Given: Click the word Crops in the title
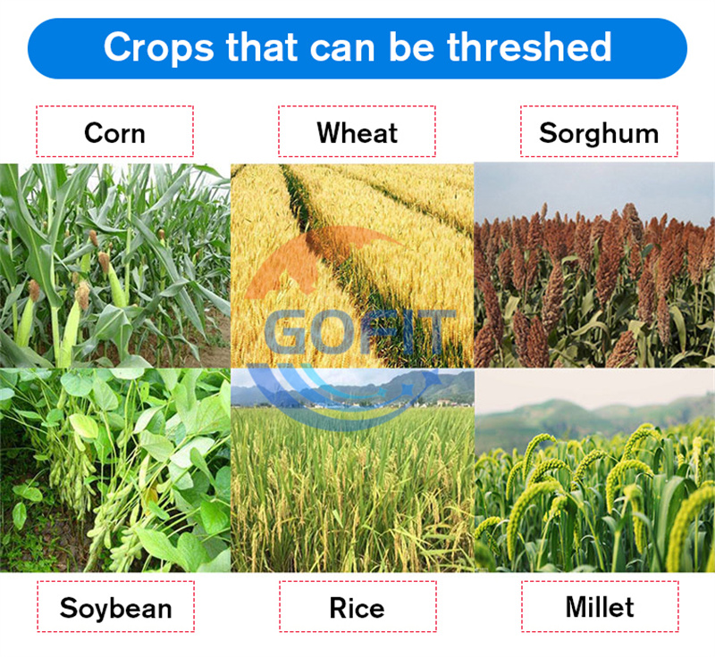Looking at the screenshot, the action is click(x=158, y=47).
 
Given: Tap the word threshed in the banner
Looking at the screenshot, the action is click(x=529, y=46).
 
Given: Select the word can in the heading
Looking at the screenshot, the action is click(x=342, y=49).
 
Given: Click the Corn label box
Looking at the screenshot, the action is click(x=115, y=131).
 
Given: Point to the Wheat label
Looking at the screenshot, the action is click(x=357, y=131).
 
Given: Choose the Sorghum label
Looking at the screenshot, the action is click(x=599, y=131).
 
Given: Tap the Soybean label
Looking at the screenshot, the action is click(x=116, y=606).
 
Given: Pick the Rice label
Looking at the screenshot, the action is click(x=357, y=606).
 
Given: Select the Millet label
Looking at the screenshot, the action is click(x=600, y=606).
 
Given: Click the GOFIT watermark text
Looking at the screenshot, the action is click(x=360, y=332).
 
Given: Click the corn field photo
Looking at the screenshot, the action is click(x=115, y=265).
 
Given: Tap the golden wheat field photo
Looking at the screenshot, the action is click(x=352, y=265).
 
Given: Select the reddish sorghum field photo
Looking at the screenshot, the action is click(x=594, y=265).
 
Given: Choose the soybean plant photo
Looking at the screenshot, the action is click(x=115, y=470).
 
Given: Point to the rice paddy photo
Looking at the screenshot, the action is click(x=352, y=470).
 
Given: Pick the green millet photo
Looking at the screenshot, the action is click(x=594, y=470).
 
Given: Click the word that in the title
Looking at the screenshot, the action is click(x=261, y=46).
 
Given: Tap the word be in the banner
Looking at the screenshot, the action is click(x=411, y=46).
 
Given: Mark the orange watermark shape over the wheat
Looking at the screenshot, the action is click(x=315, y=260).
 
